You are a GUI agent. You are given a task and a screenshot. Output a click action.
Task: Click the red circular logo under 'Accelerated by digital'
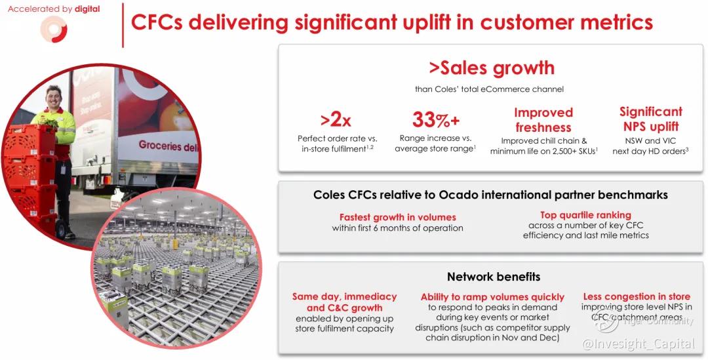pos(54,30)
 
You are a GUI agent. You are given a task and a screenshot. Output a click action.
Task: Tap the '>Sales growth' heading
pos(492,68)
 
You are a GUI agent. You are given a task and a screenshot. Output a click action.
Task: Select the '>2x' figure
pos(336,120)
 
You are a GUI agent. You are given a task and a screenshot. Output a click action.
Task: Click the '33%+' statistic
pos(436,120)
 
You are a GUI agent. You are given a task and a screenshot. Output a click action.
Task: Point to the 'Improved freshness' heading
pos(543,120)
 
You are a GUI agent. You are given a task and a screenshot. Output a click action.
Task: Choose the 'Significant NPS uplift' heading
pos(651,119)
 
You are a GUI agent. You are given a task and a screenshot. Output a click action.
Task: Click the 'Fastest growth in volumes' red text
pos(398,217)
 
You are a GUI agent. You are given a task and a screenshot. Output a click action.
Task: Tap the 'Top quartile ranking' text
pos(585,215)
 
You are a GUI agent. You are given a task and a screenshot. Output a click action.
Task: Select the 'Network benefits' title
pos(494,277)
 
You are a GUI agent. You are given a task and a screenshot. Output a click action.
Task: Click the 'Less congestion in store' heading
pos(637,297)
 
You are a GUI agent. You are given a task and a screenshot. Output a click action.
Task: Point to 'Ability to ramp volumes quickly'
pos(492,297)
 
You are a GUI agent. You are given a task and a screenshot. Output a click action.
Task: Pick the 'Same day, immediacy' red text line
pos(345,297)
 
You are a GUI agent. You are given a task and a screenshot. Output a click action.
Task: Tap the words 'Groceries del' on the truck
pos(168,146)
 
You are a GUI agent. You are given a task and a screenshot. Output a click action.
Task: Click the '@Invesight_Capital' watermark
pos(639,344)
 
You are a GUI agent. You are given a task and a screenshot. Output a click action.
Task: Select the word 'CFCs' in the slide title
pos(157,22)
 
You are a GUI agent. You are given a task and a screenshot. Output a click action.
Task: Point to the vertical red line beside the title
pos(123,26)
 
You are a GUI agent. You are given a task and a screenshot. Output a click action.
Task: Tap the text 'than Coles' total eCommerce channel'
pos(490,89)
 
